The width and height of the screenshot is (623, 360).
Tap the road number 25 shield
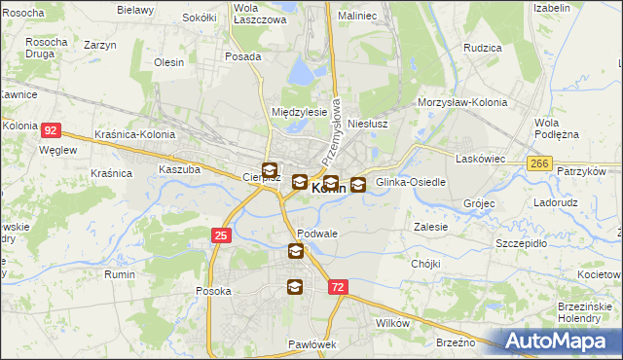tap(221, 234)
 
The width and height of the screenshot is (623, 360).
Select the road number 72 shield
tap(337, 287)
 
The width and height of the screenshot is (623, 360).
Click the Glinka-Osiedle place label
tap(410, 182)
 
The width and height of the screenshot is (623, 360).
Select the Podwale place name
tap(317, 234)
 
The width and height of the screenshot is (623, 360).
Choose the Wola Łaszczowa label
tap(260, 14)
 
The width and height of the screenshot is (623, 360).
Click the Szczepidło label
tap(523, 242)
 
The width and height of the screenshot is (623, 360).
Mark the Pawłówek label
tap(311, 344)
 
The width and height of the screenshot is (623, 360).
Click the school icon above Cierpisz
tap(269, 167)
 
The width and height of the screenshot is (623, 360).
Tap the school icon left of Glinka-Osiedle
tap(358, 184)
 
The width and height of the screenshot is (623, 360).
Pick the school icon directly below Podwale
tap(295, 252)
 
